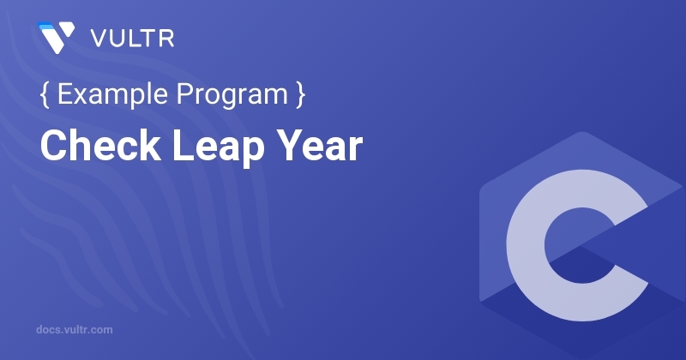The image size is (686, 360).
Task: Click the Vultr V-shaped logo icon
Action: click(55, 38)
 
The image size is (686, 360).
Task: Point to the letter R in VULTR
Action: click(167, 39)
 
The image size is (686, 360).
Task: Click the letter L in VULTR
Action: click(131, 39)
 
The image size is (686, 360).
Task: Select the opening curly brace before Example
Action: click(44, 96)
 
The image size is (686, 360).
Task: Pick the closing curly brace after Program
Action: click(299, 96)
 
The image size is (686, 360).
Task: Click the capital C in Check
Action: click(53, 147)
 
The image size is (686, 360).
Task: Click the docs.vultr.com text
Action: click(75, 329)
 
